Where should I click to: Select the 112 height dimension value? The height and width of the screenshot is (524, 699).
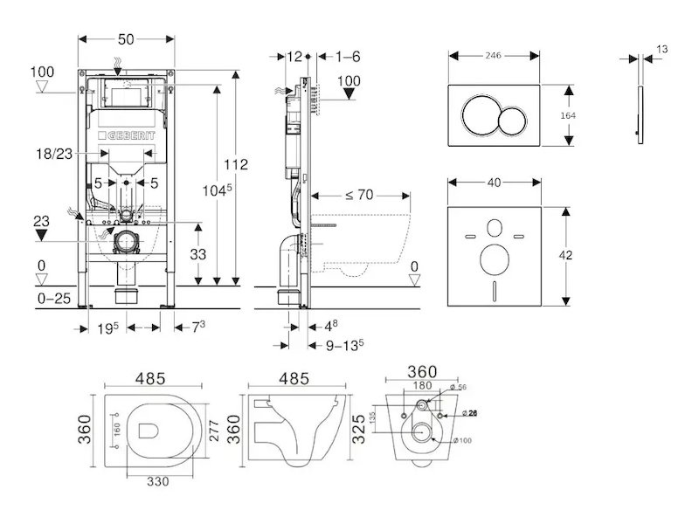coord(235,164)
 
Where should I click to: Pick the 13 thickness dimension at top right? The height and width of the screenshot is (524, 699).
coord(661,49)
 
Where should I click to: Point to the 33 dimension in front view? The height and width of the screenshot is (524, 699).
coord(200,254)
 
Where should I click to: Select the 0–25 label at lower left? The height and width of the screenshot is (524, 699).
coord(54,298)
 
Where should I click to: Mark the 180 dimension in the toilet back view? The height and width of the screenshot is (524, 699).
coord(422,386)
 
